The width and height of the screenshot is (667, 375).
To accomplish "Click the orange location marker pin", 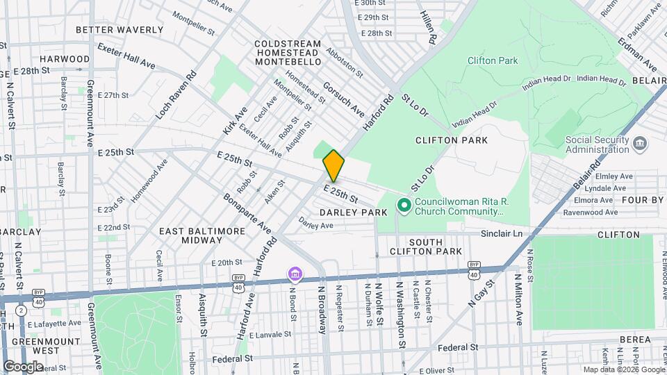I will click(333, 165).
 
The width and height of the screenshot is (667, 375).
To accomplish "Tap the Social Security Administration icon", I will click(640, 144).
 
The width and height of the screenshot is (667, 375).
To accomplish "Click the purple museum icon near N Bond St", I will click(295, 275).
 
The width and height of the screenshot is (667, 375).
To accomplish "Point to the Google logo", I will click(23, 366).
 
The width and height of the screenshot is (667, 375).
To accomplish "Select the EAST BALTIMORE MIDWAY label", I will click(202, 235).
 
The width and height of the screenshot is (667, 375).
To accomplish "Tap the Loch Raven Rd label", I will click(176, 92).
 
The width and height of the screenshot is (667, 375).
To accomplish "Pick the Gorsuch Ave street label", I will click(344, 99).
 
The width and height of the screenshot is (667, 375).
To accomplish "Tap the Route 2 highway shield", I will click(22, 310).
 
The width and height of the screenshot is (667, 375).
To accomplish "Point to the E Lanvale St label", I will click(264, 334).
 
